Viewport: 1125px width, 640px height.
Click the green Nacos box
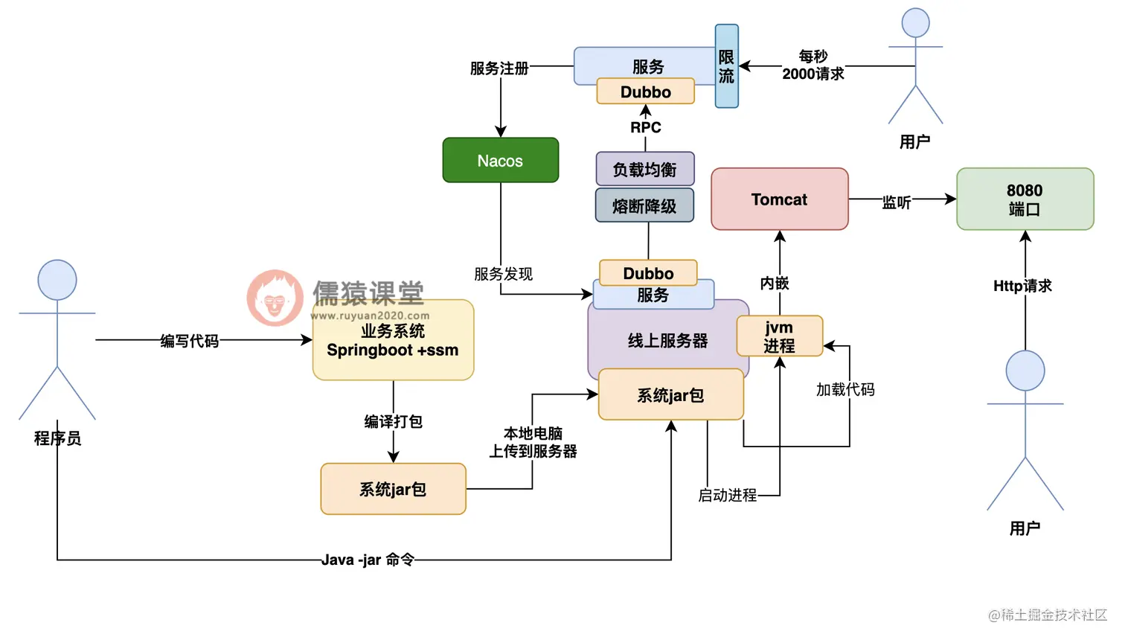500,160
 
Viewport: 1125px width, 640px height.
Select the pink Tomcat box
779,199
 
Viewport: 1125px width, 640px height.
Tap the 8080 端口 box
1025,199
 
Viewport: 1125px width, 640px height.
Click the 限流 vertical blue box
726,66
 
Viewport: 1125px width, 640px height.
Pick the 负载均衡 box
644,169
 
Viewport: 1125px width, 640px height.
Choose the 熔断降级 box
644,205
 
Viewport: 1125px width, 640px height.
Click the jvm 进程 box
779,336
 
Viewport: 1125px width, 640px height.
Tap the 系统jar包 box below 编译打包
393,489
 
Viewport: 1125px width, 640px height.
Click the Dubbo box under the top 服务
645,92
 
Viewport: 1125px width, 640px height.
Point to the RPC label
645,127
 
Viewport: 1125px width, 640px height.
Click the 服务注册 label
499,68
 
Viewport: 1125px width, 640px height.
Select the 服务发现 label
503,274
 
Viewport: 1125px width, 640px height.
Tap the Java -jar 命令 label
368,560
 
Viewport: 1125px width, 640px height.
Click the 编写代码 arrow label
190,341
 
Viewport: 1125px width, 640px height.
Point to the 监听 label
896,202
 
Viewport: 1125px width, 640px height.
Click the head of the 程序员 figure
57,280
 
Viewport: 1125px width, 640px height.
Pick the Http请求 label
1022,286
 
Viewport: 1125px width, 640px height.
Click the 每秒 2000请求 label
812,65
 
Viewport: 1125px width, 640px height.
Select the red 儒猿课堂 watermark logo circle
275,298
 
